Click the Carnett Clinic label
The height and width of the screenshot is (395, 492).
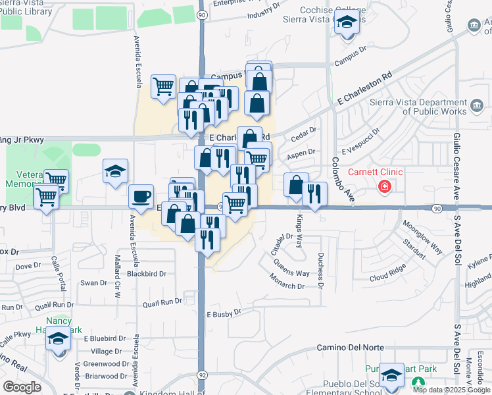tap(375, 172)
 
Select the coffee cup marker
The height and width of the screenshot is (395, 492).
tap(141, 196)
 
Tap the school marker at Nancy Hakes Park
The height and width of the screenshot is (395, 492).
tap(59, 339)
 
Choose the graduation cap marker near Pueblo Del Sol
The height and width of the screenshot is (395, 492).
tap(392, 375)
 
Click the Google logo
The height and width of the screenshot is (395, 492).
tap(22, 387)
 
